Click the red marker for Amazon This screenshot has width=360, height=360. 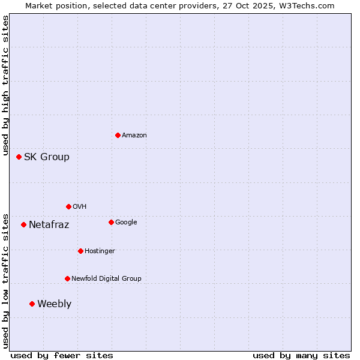(x=118, y=135)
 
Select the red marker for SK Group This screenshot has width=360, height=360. (x=19, y=157)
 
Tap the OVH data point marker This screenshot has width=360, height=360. (x=68, y=206)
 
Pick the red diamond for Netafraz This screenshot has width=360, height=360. (x=23, y=224)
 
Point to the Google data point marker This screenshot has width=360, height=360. (x=111, y=222)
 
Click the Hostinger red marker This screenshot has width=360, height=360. (x=80, y=251)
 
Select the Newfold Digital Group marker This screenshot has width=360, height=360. (x=67, y=278)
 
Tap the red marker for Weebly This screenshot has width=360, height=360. (x=32, y=304)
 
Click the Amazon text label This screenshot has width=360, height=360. (x=134, y=136)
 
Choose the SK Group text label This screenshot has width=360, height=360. (x=46, y=157)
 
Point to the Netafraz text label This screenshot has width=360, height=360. (x=49, y=225)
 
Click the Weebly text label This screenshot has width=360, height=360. (x=54, y=304)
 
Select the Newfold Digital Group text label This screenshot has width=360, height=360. (x=106, y=279)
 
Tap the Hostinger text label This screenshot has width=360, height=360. (x=100, y=251)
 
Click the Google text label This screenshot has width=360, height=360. (x=126, y=223)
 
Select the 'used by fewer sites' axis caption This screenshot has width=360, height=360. (x=62, y=355)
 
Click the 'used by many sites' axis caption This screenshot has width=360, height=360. (x=301, y=355)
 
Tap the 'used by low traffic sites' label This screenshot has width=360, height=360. (x=5, y=281)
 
